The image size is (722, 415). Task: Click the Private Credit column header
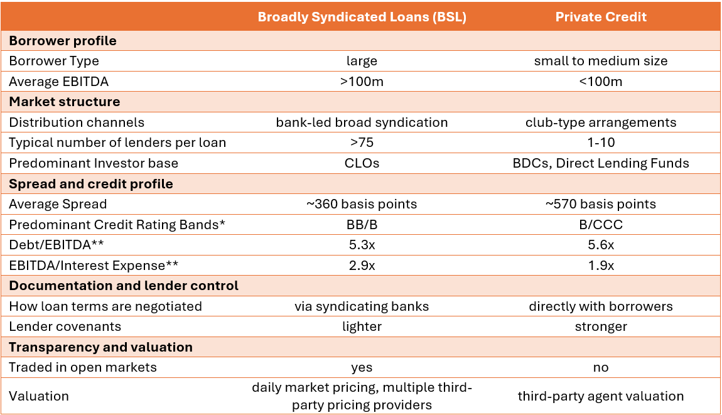[600, 17]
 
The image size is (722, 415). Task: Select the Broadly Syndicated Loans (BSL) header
[362, 17]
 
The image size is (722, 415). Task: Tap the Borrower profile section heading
[63, 41]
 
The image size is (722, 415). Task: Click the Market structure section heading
[64, 102]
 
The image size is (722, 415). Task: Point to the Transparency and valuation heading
[100, 347]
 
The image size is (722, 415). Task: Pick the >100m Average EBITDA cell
[362, 82]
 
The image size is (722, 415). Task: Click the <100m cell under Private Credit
[600, 82]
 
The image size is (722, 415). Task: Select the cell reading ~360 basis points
[362, 204]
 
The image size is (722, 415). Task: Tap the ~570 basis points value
[600, 204]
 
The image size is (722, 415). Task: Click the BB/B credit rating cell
[362, 225]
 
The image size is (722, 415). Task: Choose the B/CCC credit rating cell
[600, 225]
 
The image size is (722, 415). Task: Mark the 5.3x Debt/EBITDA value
[362, 245]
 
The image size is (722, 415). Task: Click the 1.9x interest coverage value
[600, 266]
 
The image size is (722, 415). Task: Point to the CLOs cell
[362, 163]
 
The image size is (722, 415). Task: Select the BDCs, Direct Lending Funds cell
[600, 163]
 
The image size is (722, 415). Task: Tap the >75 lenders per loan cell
[362, 143]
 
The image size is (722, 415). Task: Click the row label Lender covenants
[65, 326]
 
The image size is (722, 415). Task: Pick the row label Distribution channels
[77, 122]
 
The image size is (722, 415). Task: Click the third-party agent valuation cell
[600, 396]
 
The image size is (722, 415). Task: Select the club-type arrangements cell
[600, 122]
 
